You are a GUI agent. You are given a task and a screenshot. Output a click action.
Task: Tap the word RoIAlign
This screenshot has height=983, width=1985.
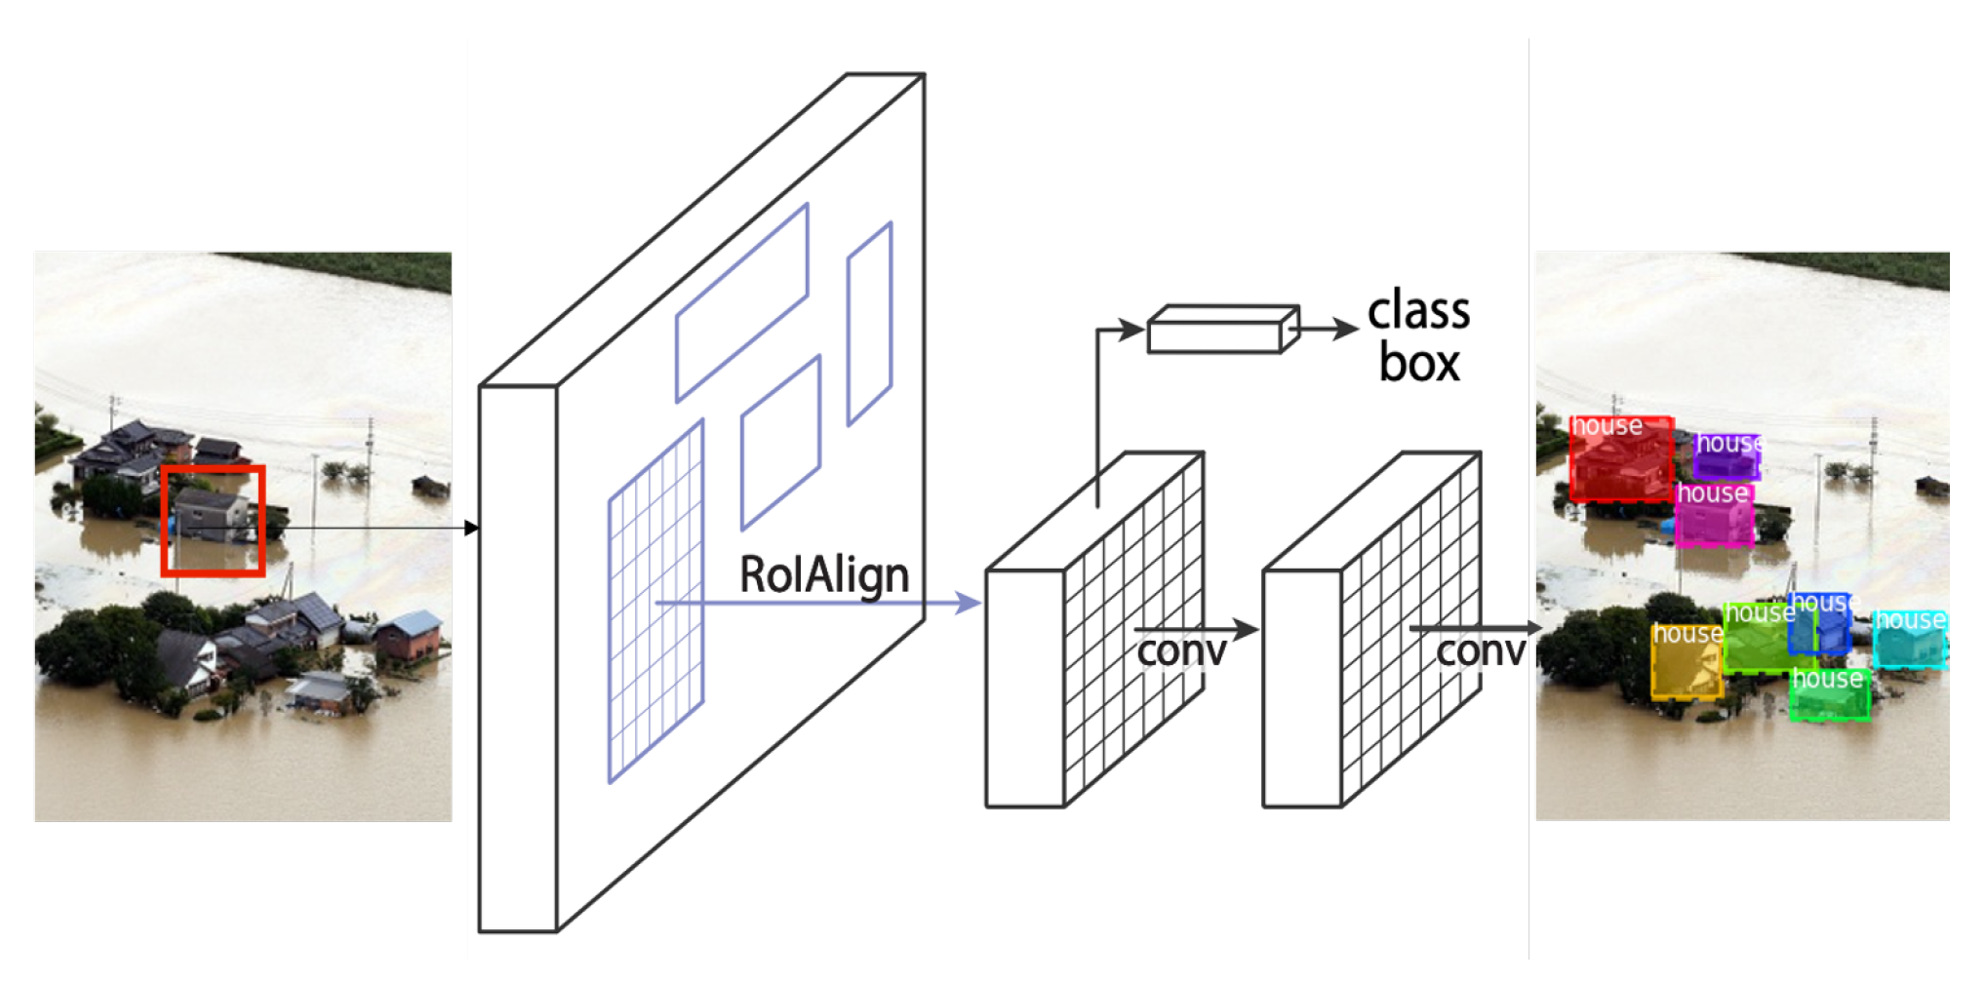pyautogui.click(x=824, y=574)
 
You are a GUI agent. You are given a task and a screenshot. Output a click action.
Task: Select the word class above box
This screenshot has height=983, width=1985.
pyautogui.click(x=1418, y=312)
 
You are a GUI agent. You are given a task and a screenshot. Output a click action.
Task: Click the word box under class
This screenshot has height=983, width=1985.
pyautogui.click(x=1419, y=364)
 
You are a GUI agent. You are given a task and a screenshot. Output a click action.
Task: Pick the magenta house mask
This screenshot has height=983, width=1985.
pyautogui.click(x=1714, y=517)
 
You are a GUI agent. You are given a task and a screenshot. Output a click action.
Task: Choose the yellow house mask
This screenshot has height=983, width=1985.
pyautogui.click(x=1686, y=662)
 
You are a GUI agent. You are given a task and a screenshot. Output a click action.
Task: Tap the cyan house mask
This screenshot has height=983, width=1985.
pyautogui.click(x=1910, y=641)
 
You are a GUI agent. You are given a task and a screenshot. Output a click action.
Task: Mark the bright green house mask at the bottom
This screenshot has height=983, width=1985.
pyautogui.click(x=1830, y=696)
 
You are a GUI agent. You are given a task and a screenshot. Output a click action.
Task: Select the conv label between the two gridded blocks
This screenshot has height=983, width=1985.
pyautogui.click(x=1181, y=650)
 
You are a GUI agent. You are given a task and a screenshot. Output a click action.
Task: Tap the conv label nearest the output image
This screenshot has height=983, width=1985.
pyautogui.click(x=1480, y=651)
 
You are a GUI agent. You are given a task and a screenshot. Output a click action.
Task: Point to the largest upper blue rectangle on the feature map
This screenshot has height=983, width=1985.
pyautogui.click(x=741, y=302)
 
